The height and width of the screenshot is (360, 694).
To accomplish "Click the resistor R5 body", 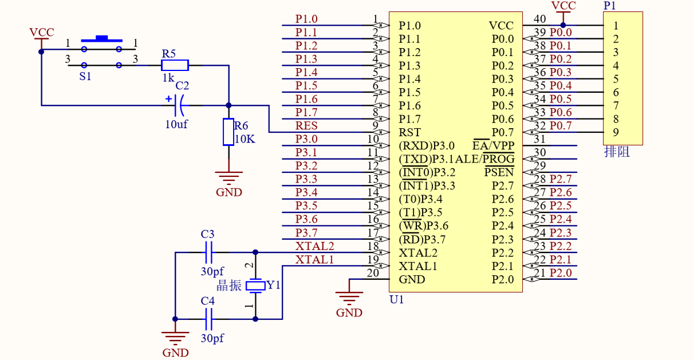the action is click(x=175, y=65).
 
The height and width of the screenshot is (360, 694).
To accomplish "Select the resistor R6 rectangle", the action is click(x=228, y=132).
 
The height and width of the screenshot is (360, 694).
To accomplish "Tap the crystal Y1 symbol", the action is click(x=255, y=286).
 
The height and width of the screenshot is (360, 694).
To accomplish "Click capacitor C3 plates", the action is click(x=208, y=252).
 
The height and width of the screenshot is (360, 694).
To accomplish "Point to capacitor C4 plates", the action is click(x=208, y=319).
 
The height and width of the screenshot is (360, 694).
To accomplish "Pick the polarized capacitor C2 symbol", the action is click(x=178, y=105).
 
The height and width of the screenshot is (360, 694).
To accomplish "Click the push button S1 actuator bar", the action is click(x=101, y=39).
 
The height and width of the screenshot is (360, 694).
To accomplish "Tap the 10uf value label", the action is click(x=176, y=124).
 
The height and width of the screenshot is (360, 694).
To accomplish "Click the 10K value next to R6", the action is click(x=245, y=139).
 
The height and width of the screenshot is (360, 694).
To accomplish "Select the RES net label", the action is click(x=306, y=126).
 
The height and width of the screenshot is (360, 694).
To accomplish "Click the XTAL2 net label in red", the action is click(x=314, y=246).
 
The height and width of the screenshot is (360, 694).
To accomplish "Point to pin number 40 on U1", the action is click(x=539, y=19).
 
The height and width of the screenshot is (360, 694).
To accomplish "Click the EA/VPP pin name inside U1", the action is click(x=493, y=145).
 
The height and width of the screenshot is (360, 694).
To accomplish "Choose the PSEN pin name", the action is click(x=499, y=172).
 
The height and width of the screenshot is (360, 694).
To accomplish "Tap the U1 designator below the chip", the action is click(x=397, y=300).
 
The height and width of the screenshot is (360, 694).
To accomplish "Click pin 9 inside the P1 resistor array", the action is click(x=616, y=132).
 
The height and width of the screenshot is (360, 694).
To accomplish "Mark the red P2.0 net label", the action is click(x=561, y=272).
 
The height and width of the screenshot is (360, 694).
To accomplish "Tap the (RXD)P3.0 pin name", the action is click(x=427, y=145).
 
